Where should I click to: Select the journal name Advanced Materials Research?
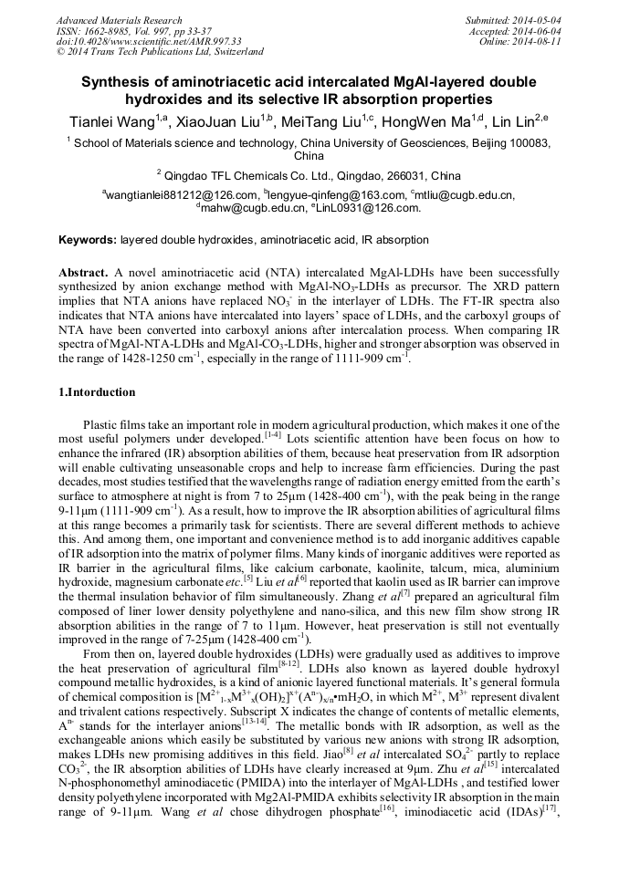[x=120, y=20]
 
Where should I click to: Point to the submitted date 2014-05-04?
[x=540, y=20]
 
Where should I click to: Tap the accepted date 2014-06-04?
[x=540, y=31]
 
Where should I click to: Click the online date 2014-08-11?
[x=540, y=41]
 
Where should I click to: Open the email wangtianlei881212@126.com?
[x=183, y=194]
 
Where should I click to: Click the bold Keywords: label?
[x=88, y=240]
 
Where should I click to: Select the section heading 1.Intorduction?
[x=97, y=392]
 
